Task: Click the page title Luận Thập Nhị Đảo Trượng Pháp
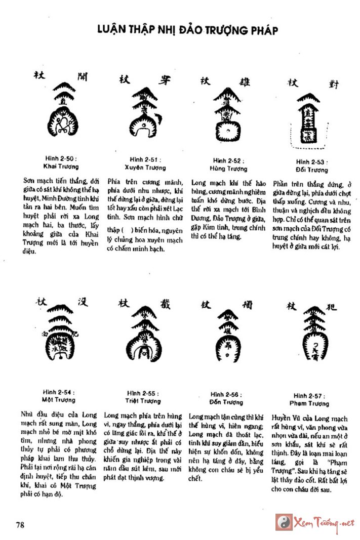coord(187,31)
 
